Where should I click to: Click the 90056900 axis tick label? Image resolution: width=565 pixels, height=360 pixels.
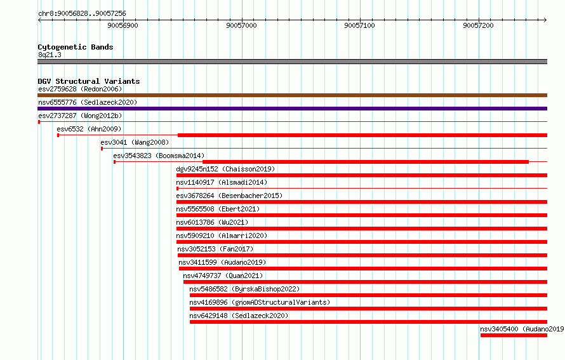click(x=123, y=25)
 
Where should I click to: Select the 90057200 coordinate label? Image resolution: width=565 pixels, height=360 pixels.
click(x=478, y=25)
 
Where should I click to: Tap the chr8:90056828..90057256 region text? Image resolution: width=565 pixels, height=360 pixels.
click(x=82, y=14)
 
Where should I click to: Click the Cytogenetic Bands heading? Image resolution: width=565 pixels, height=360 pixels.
click(x=76, y=47)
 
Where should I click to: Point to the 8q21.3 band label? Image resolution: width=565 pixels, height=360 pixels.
click(x=50, y=55)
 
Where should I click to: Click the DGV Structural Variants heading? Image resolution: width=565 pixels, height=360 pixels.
click(x=89, y=81)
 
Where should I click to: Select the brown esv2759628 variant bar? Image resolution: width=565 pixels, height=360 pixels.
click(x=292, y=95)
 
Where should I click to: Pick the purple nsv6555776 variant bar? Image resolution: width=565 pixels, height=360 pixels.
click(x=292, y=109)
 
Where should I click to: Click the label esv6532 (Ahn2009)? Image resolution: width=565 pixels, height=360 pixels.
click(x=89, y=129)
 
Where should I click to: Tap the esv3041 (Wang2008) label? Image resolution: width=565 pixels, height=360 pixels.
click(x=135, y=142)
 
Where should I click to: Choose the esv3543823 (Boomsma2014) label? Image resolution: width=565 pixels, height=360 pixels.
click(x=159, y=156)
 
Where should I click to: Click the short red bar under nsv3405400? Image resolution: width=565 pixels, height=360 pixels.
click(x=514, y=335)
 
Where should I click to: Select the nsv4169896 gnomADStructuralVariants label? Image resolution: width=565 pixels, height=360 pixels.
click(x=260, y=302)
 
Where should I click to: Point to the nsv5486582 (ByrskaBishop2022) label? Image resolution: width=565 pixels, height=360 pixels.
click(x=244, y=289)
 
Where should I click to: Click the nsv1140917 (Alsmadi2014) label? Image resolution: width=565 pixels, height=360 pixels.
click(x=222, y=182)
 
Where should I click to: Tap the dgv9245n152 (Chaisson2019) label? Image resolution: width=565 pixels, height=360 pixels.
click(x=225, y=169)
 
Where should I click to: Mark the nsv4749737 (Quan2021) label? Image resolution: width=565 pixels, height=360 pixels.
click(x=223, y=276)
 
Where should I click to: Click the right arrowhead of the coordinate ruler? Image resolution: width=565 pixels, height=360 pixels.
click(x=546, y=20)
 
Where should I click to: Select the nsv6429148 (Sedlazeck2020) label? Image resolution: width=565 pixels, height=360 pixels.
click(x=239, y=316)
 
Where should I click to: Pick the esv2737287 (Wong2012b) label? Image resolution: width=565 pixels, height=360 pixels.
click(x=81, y=116)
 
